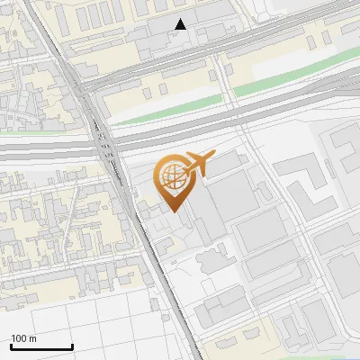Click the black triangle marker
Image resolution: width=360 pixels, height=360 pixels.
(181, 24)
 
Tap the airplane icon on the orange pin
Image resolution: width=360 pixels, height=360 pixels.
(196, 164)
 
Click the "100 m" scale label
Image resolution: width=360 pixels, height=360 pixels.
(24, 338)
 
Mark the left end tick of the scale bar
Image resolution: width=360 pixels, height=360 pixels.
(11, 346)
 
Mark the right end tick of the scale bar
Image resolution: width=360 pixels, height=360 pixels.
(72, 346)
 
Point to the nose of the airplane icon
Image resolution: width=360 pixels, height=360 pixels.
(213, 157)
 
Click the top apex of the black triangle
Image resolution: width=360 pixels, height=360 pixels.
(181, 19)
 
